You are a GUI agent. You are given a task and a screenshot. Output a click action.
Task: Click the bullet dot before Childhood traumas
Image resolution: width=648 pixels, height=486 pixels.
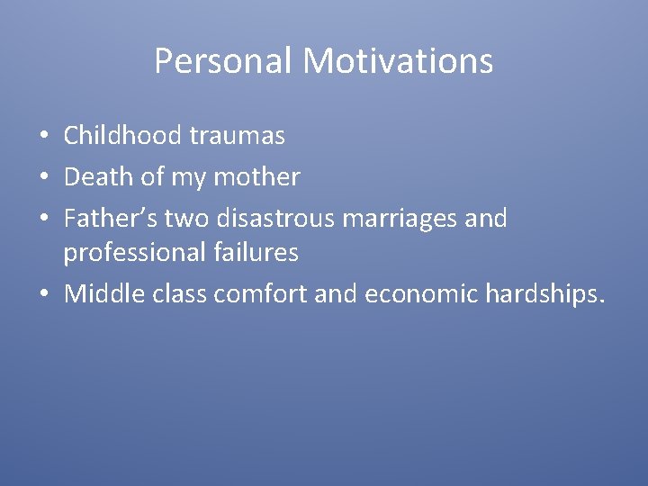click(44, 138)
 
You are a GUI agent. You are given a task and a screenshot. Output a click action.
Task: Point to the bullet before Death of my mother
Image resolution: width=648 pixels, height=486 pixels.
click(44, 178)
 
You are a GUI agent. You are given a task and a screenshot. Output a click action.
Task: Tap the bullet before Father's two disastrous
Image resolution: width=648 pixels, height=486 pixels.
click(44, 219)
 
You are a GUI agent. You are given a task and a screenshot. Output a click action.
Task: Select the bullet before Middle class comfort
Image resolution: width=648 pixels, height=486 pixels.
click(44, 295)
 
